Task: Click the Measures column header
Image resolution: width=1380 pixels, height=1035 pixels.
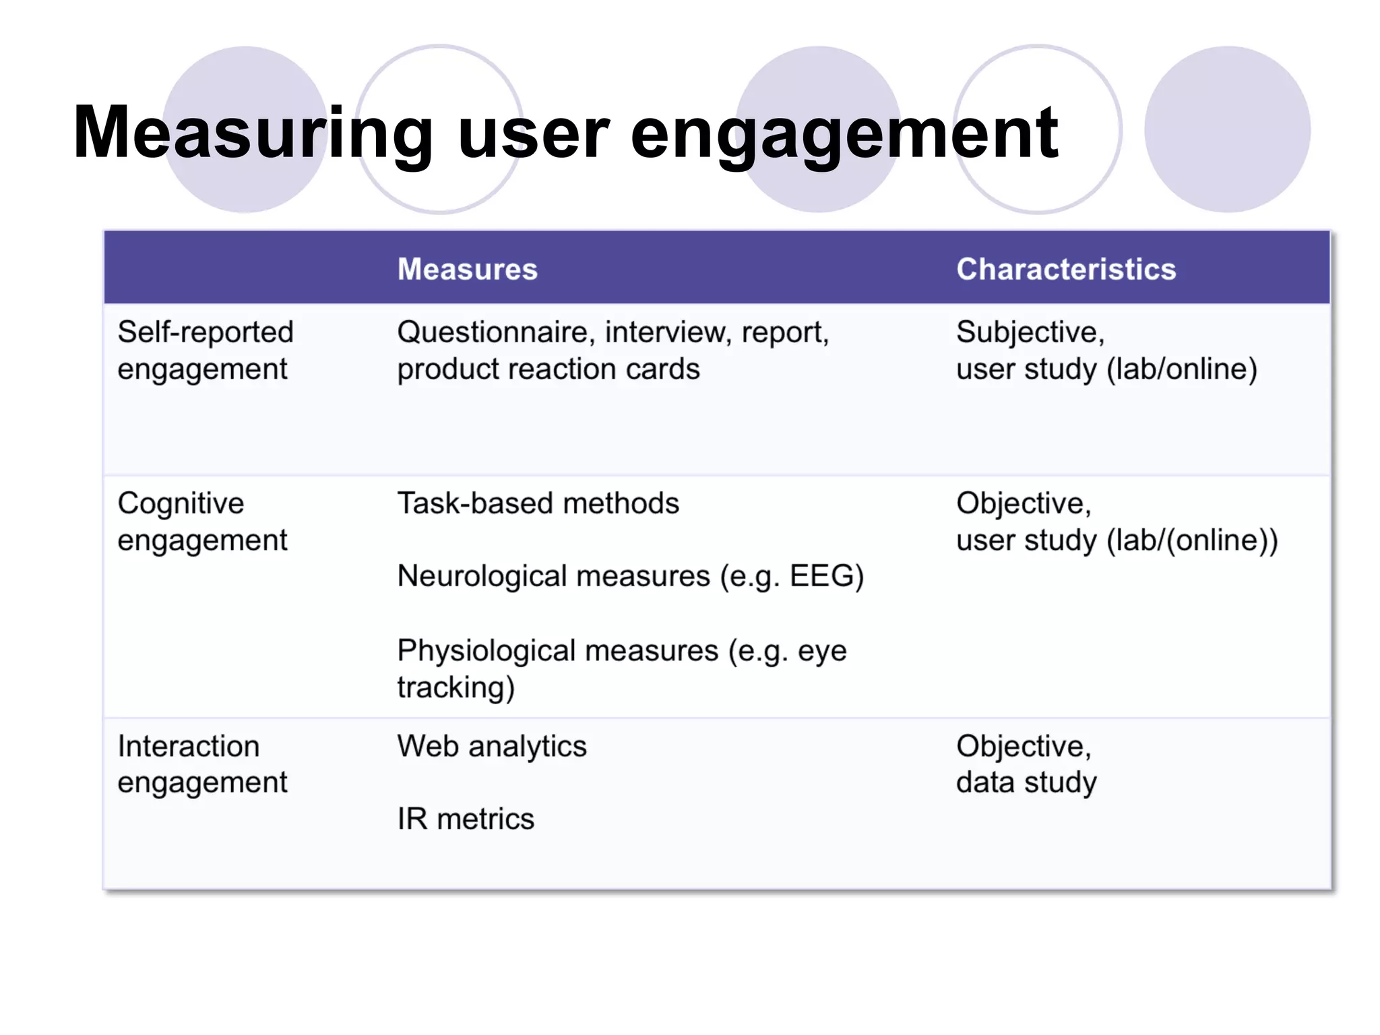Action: [x=467, y=270]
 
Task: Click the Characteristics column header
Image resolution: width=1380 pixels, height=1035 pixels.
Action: [x=1065, y=270]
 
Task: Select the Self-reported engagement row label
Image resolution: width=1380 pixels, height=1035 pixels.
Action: [x=205, y=350]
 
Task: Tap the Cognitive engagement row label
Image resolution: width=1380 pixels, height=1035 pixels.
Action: [x=201, y=522]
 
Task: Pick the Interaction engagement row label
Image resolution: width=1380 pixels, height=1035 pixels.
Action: [x=201, y=764]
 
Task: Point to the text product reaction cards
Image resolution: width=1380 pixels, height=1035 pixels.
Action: [x=548, y=369]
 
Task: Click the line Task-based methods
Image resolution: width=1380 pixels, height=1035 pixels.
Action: [x=538, y=503]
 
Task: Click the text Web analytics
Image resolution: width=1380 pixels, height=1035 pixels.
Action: [x=492, y=747]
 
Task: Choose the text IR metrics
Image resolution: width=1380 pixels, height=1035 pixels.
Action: [x=465, y=819]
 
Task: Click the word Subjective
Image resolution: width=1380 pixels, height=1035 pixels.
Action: [x=1029, y=332]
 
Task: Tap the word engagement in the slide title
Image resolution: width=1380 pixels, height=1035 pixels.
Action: [x=844, y=133]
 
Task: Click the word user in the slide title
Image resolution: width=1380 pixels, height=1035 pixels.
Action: [x=532, y=133]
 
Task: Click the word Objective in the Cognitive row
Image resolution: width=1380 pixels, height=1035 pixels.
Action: [x=1022, y=503]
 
